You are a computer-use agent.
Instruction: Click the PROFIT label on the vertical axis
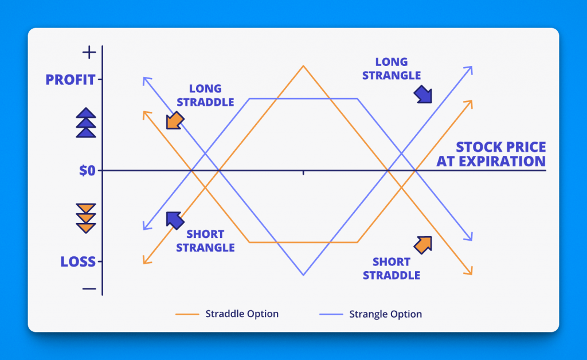[x=71, y=80]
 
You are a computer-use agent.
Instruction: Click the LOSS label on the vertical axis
[x=78, y=261]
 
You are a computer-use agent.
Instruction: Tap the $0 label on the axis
[x=87, y=171]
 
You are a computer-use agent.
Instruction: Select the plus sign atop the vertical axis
[x=89, y=52]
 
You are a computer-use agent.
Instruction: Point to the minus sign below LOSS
[x=89, y=288]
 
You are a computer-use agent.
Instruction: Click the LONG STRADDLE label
[x=205, y=95]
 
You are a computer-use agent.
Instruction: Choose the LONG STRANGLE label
[x=391, y=68]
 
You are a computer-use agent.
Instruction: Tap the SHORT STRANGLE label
[x=205, y=241]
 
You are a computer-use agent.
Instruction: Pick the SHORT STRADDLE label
[x=391, y=268]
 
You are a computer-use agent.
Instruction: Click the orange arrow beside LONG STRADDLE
[x=175, y=120]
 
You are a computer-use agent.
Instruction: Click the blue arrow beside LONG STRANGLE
[x=423, y=94]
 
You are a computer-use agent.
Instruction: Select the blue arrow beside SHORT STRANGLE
[x=175, y=221]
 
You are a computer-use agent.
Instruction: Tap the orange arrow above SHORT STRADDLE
[x=423, y=245]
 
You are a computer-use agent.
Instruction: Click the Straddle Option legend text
[x=242, y=314]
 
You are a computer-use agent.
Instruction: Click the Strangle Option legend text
[x=386, y=314]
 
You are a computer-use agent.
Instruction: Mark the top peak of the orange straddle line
[x=303, y=66]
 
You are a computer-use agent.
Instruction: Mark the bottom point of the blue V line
[x=303, y=275]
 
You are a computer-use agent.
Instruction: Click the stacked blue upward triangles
[x=86, y=123]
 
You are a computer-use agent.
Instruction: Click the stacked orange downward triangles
[x=86, y=218]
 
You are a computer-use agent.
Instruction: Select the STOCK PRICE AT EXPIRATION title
[x=491, y=154]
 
